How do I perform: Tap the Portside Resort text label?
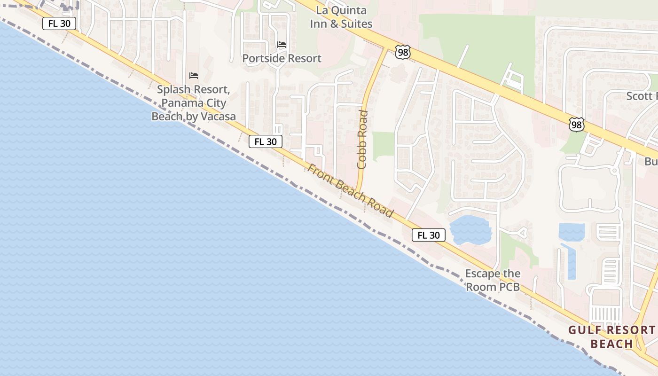(282, 58)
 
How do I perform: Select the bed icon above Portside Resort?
(282, 45)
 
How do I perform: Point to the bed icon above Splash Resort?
(194, 76)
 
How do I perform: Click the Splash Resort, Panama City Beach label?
(194, 103)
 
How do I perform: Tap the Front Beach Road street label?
(351, 190)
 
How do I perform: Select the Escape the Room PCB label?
(493, 280)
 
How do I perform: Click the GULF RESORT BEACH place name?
(611, 337)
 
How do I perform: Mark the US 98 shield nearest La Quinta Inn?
(403, 52)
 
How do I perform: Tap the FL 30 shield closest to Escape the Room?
(428, 235)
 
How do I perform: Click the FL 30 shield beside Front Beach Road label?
(266, 141)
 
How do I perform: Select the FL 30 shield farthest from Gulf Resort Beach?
(59, 23)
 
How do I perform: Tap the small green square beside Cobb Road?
(383, 144)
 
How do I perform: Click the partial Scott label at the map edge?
(642, 96)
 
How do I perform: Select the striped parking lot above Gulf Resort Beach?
(606, 314)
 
